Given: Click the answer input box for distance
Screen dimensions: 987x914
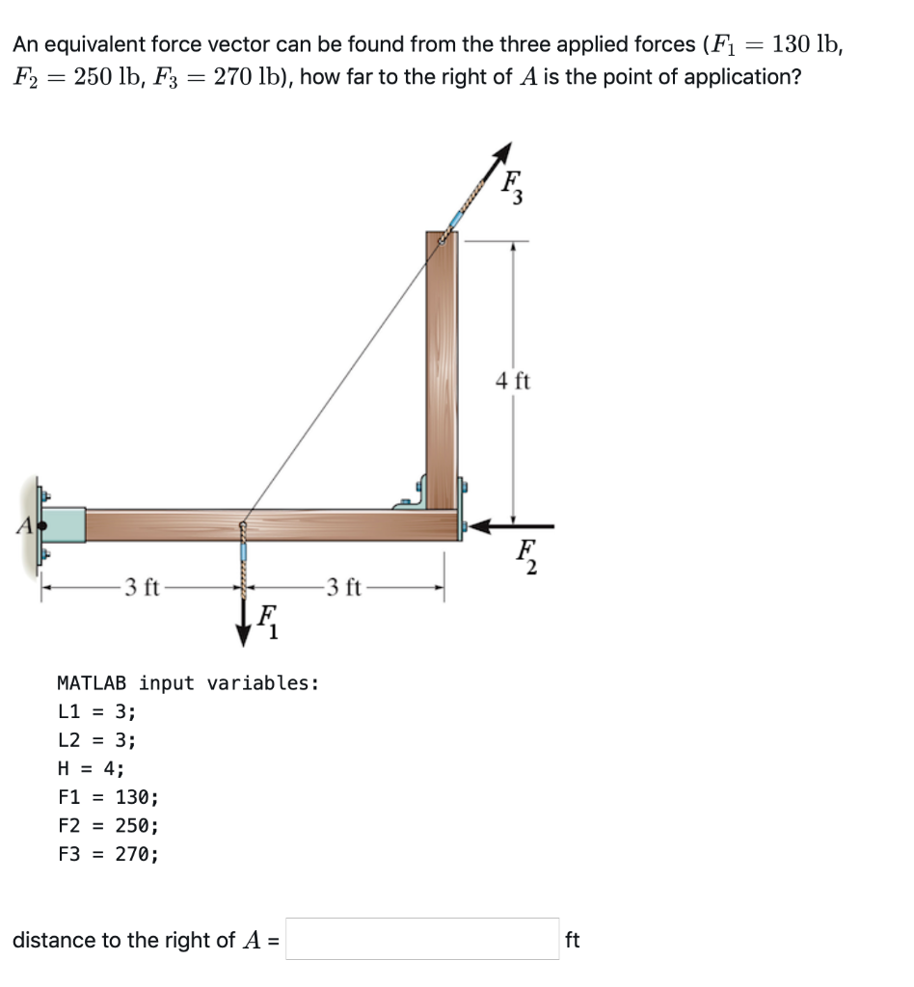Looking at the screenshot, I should (x=422, y=939).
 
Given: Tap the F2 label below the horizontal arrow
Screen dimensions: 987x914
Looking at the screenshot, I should (x=526, y=557).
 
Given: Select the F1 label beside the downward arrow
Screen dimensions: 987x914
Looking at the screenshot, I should (x=269, y=624).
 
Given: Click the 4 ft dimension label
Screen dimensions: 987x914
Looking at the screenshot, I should (x=513, y=381).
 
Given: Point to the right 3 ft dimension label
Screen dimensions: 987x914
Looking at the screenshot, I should (x=343, y=586).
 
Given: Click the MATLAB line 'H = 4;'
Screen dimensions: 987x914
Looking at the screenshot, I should (x=91, y=768).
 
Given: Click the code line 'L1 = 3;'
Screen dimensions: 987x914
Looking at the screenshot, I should (x=96, y=712).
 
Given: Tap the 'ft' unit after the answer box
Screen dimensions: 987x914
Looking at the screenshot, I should (x=572, y=940).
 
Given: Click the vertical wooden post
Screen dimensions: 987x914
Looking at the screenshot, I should (x=443, y=366).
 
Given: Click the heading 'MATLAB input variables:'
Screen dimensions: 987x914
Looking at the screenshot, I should (x=188, y=683).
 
